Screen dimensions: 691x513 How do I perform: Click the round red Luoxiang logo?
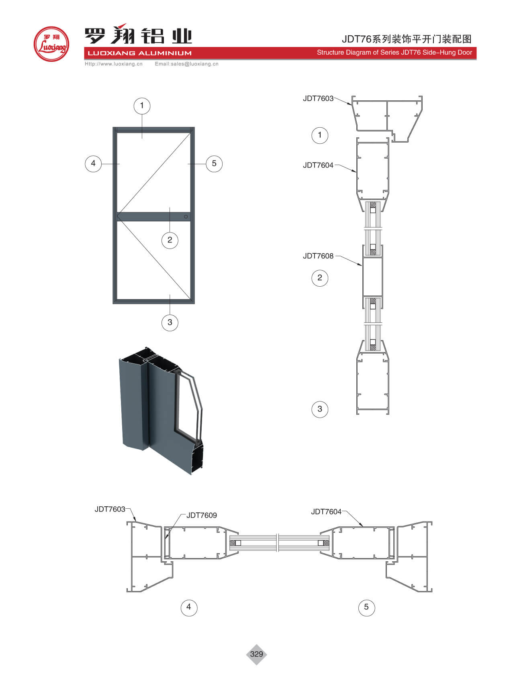click(x=51, y=44)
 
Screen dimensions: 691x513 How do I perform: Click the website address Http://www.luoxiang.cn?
click(x=114, y=64)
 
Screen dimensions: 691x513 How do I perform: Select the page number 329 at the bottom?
click(x=256, y=654)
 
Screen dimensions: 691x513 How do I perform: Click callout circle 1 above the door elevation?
click(x=141, y=106)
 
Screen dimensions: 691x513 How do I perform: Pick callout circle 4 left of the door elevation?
click(x=93, y=163)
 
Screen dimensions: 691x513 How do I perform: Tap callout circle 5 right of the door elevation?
click(x=214, y=163)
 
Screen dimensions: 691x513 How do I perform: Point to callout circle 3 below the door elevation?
click(x=170, y=322)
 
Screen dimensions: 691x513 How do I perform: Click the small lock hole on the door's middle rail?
click(x=186, y=217)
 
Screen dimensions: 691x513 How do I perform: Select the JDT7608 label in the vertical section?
click(x=318, y=256)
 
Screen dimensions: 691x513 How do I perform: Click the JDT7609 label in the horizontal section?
click(x=202, y=516)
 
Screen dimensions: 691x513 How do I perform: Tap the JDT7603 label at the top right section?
click(x=318, y=99)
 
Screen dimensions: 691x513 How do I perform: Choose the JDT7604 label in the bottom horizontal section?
click(x=326, y=512)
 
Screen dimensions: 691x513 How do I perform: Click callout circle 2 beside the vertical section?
click(x=320, y=278)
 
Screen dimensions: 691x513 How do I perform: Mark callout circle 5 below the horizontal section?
click(x=366, y=607)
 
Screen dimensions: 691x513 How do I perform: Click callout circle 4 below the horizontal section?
click(x=189, y=607)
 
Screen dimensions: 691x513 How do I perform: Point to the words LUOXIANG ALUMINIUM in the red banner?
click(x=140, y=53)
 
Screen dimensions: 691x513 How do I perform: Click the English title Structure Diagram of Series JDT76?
click(x=394, y=53)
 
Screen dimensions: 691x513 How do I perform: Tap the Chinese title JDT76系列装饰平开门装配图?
click(x=407, y=39)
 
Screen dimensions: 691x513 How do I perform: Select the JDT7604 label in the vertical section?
click(x=318, y=165)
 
